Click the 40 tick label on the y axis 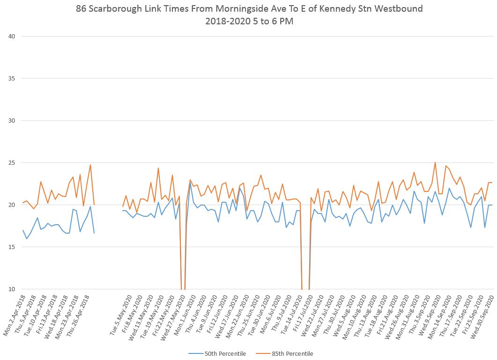[10, 36]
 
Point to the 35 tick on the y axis [10, 78]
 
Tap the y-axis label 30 [10, 120]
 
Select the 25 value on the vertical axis [10, 162]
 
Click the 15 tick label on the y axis [10, 247]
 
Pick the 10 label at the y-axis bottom [10, 289]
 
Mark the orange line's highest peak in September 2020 [435, 163]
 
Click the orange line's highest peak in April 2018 [90, 165]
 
